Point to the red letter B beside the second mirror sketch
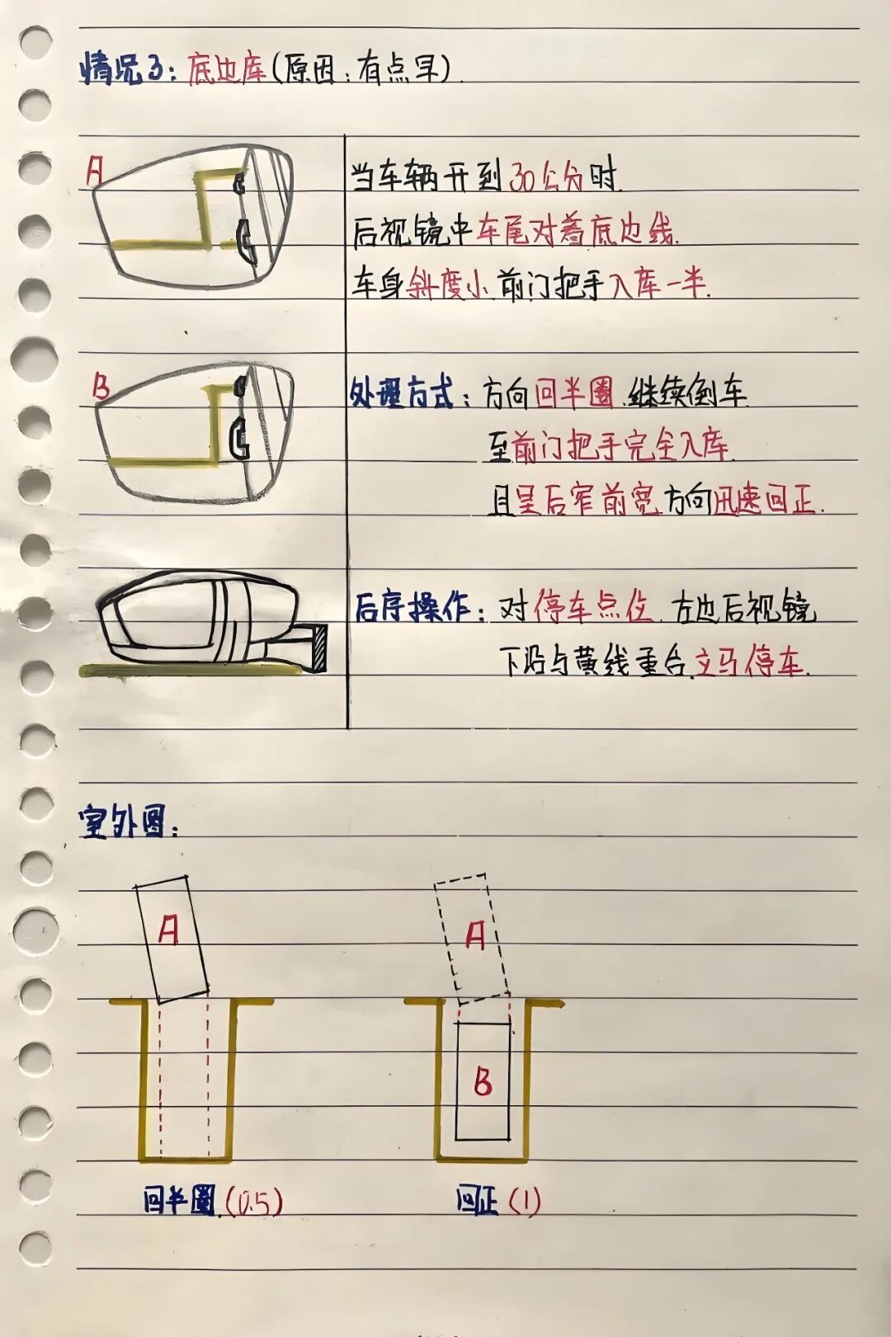point(101,386)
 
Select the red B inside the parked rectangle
point(483,1080)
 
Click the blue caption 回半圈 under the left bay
point(178,1200)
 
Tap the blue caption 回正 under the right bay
point(477,1200)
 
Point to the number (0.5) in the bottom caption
point(253,1202)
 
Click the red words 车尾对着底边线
point(575,232)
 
